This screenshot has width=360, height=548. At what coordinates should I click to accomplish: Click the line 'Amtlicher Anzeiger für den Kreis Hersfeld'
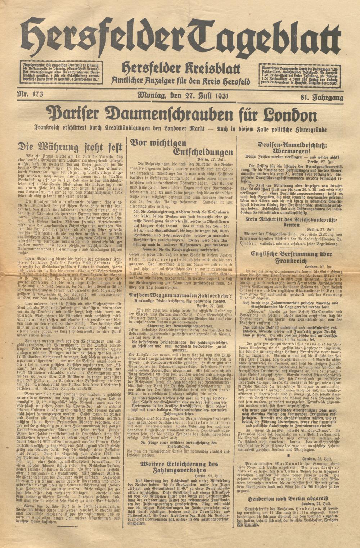pos(181,81)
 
